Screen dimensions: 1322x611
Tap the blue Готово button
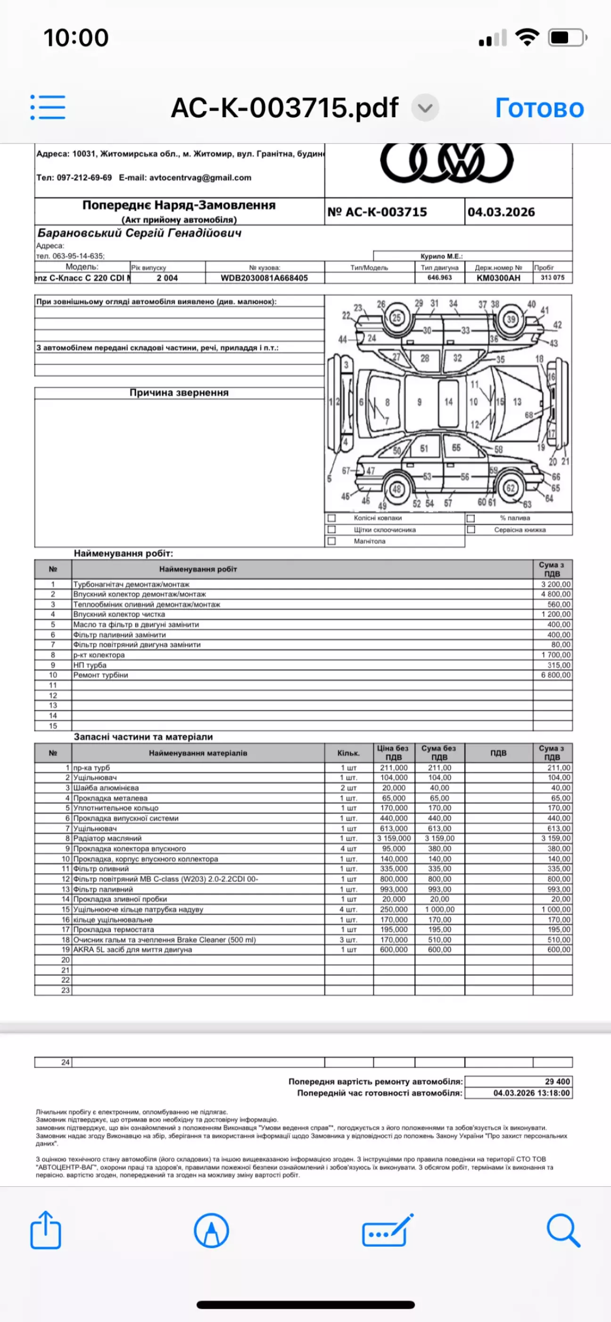pos(539,108)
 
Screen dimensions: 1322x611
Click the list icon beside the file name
pos(48,107)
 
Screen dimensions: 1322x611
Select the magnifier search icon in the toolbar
pos(563,1230)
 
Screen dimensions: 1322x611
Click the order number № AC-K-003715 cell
pos(377,212)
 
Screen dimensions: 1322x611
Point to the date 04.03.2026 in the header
pos(501,212)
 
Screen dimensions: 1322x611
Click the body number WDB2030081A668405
pos(264,278)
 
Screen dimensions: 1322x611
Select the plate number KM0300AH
pos(498,278)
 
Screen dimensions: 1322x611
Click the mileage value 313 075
pos(552,277)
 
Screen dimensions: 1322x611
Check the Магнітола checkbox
pos(332,541)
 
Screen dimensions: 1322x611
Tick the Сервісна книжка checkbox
pos(471,530)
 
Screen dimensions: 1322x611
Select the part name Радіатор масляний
pos(107,838)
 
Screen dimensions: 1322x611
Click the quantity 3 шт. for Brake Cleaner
pos(348,939)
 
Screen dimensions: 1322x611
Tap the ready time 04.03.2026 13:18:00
pos(531,1093)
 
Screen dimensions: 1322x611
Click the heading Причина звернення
pos(179,392)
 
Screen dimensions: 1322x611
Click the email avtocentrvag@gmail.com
pos(200,178)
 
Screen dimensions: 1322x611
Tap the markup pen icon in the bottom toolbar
pos(211,1230)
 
